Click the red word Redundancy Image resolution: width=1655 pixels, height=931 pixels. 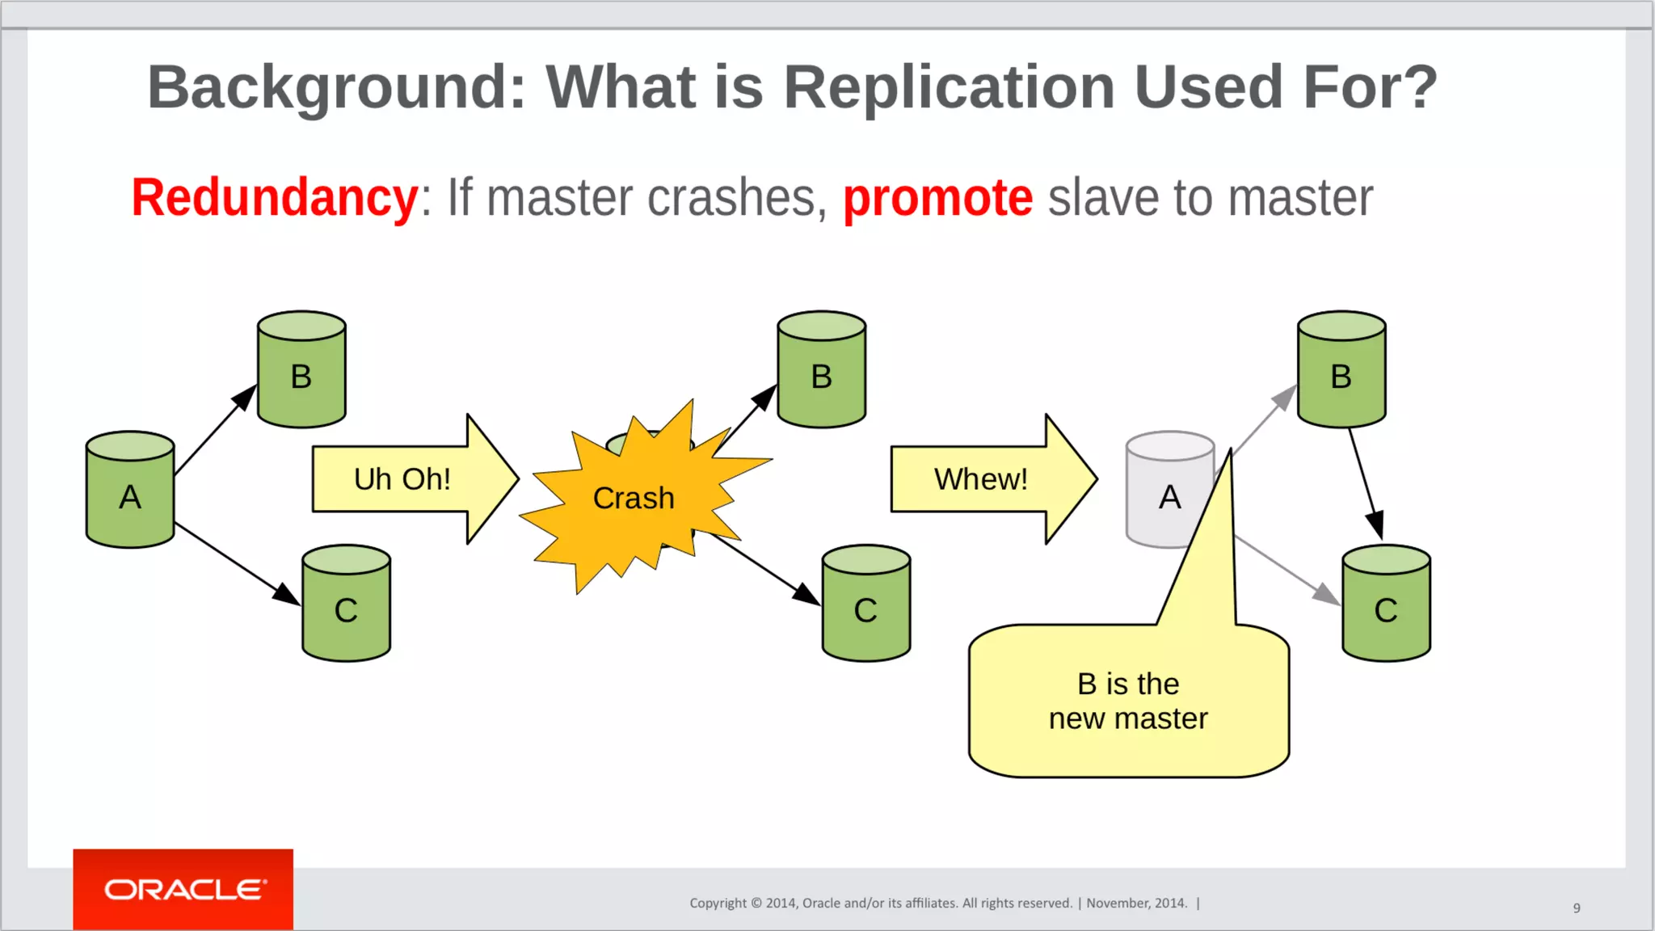(x=275, y=198)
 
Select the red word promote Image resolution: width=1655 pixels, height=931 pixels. (x=937, y=198)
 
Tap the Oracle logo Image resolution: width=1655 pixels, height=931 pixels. (x=183, y=889)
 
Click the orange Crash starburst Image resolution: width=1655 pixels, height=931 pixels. (x=634, y=497)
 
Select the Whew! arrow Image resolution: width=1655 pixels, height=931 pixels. (x=982, y=479)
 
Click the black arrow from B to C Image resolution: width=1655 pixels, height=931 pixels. (x=1366, y=483)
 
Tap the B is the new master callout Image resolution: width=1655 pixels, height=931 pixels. (x=1128, y=701)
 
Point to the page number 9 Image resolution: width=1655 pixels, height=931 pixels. (x=1577, y=908)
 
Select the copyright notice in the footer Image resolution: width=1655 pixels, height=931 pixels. (x=937, y=903)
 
